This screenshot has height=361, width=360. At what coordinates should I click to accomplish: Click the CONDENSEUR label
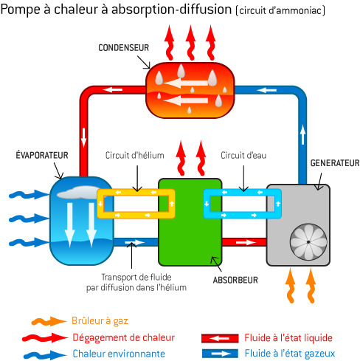point(123,48)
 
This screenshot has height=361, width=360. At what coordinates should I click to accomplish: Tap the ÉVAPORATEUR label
point(42,155)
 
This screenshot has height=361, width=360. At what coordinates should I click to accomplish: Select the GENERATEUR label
point(335,163)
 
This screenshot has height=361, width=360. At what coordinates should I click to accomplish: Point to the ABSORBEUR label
point(235,280)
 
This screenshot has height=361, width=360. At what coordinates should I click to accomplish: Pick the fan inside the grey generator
point(308,242)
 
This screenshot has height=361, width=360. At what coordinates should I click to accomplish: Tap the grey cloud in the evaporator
point(79,193)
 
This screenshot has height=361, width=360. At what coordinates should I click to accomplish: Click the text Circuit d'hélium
point(134,156)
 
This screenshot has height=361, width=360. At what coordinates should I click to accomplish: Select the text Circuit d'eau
point(243,156)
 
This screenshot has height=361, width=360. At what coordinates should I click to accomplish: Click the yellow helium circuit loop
point(136,192)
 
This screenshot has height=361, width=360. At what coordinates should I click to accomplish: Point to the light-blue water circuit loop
point(242,192)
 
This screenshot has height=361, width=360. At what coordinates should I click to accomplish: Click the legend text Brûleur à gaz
point(100,321)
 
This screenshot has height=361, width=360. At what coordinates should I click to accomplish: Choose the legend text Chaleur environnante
point(119,354)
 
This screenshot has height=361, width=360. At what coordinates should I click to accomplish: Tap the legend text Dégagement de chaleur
point(123,337)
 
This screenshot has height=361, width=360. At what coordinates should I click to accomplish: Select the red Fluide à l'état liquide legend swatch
point(220,338)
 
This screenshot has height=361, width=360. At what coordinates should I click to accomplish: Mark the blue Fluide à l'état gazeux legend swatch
point(220,354)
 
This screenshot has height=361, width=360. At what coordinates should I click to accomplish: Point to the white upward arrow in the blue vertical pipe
point(302,134)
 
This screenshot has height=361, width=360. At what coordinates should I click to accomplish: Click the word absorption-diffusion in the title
point(171,10)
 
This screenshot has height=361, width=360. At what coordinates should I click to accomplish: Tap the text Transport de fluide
point(136,277)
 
